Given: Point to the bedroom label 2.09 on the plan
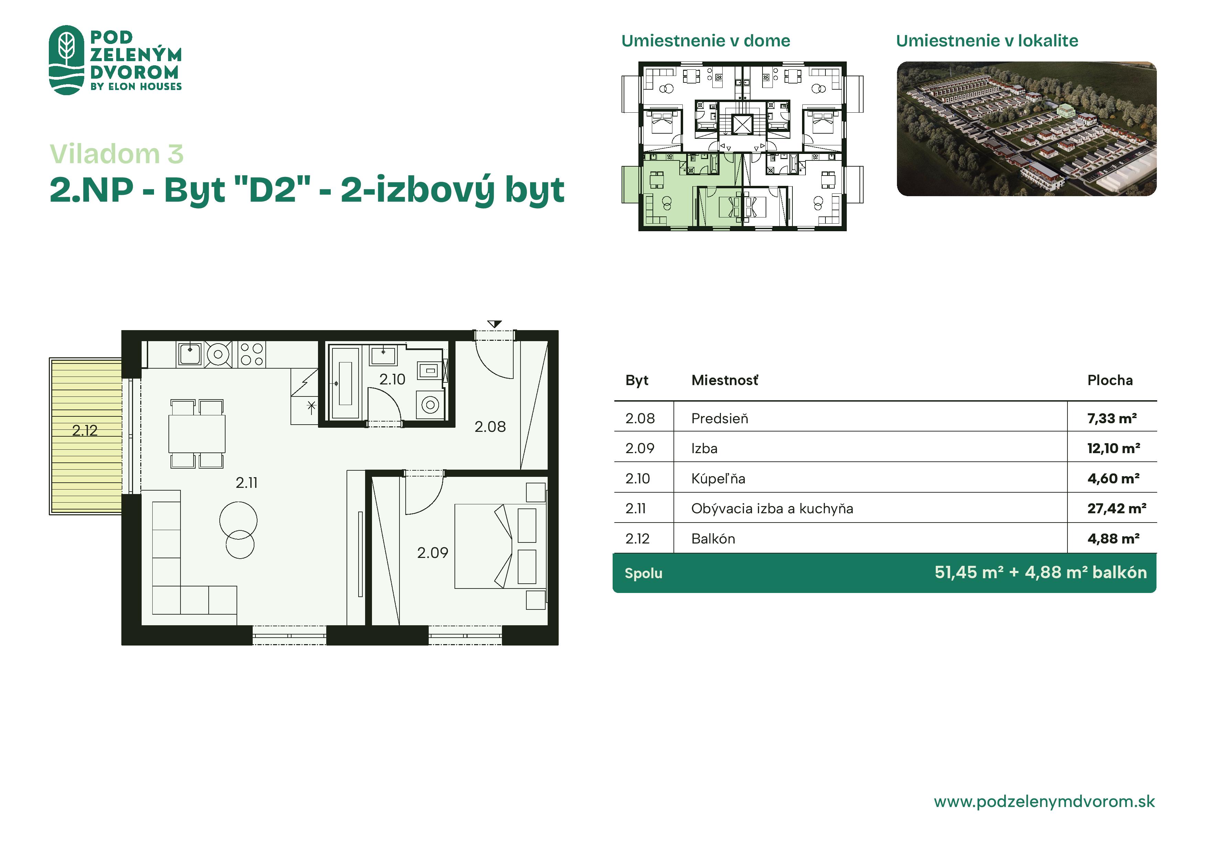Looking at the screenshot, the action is pos(432,553).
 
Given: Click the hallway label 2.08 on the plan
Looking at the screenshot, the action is pos(490,427).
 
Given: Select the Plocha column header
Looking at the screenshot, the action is pos(1110,380).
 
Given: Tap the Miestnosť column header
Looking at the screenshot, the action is pos(725,380).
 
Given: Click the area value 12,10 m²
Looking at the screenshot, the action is pos(1114,448).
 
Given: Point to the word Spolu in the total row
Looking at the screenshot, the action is pos(644,573).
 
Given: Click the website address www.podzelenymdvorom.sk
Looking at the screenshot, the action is pos(1044,801).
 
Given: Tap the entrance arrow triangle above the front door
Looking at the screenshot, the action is pos(494,324).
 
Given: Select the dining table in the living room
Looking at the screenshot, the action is pos(197,434).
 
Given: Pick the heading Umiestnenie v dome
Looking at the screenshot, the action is pos(705,41).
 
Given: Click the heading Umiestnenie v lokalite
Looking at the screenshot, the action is pos(987,41).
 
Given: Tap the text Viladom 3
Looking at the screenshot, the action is pos(117,154).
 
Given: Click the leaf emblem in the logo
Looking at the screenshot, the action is pos(66,60).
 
